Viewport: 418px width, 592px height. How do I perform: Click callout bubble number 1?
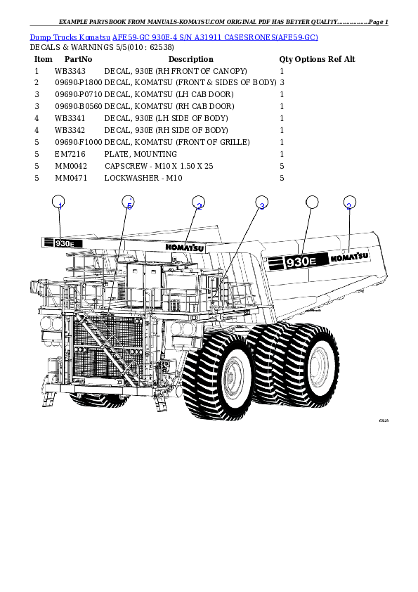coord(59,203)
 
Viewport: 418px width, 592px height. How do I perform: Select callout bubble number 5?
coord(128,203)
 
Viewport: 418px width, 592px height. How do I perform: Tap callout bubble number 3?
coord(261,203)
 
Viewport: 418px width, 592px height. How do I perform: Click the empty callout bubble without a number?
coord(313,202)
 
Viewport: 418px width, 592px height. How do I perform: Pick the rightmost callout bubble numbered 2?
coord(349,203)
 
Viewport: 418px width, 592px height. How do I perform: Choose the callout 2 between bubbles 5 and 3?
coord(199,203)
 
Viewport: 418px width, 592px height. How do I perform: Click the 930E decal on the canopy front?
coord(63,243)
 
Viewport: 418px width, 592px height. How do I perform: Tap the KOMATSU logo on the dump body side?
coord(350,257)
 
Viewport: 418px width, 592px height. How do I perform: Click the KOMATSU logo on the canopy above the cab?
coord(185,247)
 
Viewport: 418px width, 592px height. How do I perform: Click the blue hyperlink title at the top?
coord(174,37)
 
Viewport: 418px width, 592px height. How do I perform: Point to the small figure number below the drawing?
coord(383,420)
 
